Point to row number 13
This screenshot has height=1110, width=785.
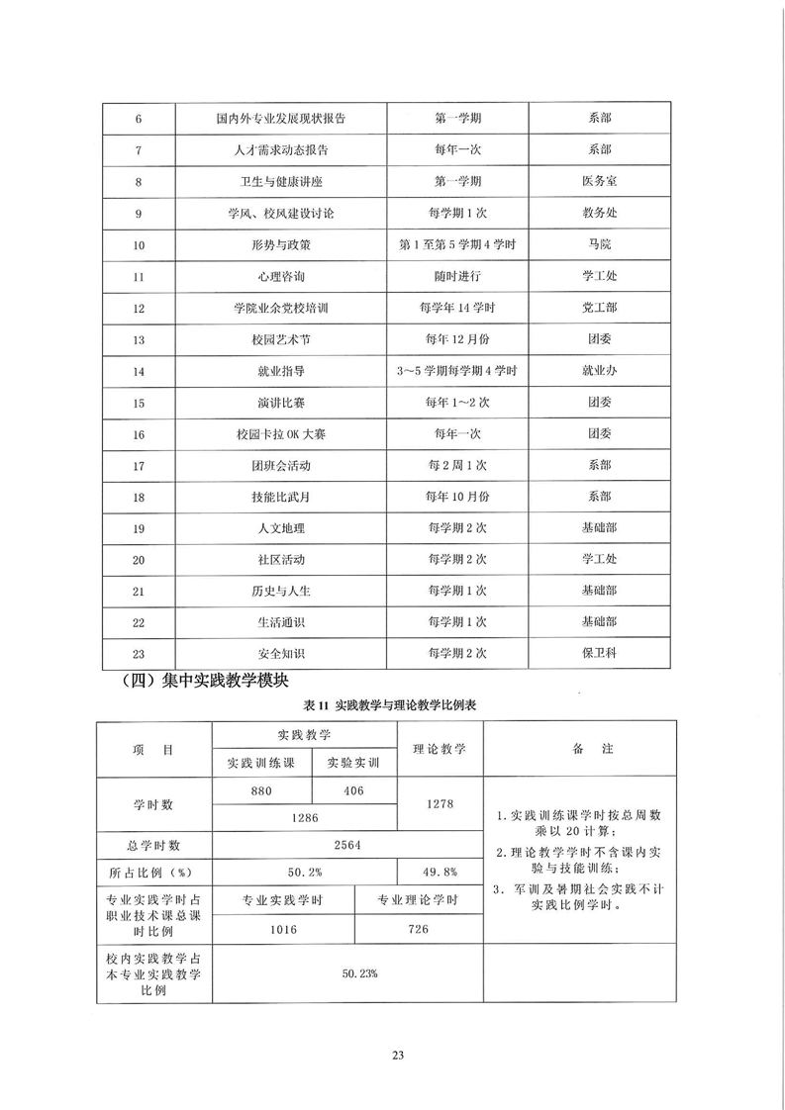coord(138,339)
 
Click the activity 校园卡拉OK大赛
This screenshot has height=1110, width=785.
coord(279,433)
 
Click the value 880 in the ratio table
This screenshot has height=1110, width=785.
coord(261,790)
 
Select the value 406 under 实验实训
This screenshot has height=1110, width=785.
coord(353,790)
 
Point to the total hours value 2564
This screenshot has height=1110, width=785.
coord(346,846)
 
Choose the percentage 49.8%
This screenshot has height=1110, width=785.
coord(440,872)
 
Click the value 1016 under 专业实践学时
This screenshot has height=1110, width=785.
coord(282,930)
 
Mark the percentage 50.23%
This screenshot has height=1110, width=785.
coord(346,973)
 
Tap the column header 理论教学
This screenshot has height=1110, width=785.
coord(440,749)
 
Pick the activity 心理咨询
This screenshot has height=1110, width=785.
coord(279,276)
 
